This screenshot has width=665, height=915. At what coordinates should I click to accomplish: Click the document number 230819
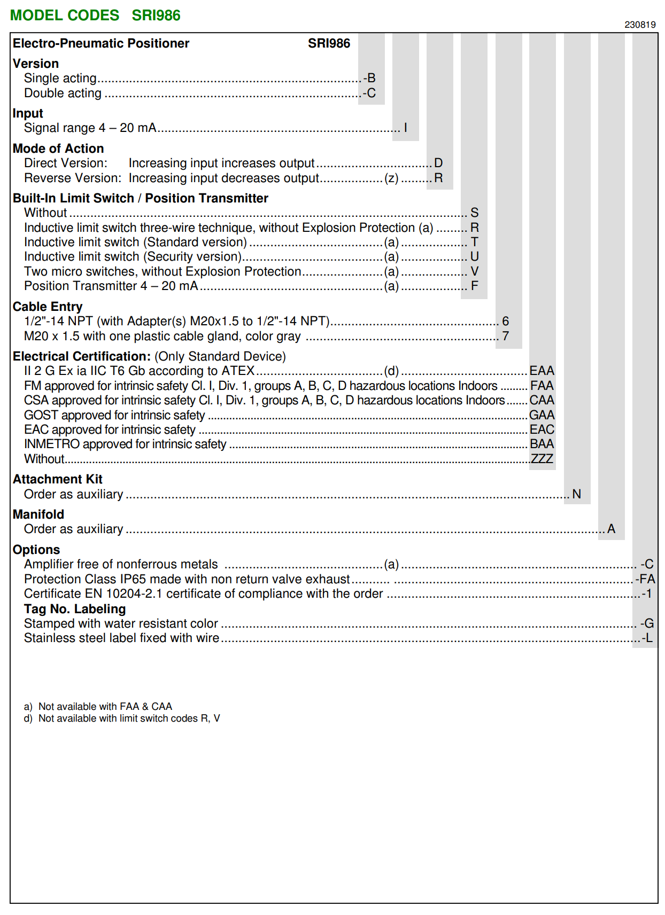click(x=639, y=25)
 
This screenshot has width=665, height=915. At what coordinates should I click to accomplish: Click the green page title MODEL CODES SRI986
click(x=95, y=15)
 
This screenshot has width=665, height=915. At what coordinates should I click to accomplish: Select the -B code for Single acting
click(x=370, y=78)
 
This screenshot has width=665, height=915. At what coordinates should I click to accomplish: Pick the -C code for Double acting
click(x=370, y=93)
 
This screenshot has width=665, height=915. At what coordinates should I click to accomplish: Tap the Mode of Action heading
click(x=58, y=148)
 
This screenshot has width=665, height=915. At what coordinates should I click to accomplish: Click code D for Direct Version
click(x=438, y=163)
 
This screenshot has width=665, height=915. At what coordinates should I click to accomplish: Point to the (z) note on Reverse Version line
click(x=391, y=178)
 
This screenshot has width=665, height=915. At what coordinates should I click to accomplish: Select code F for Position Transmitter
click(x=475, y=286)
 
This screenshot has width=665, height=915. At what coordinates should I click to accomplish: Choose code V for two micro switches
click(x=475, y=271)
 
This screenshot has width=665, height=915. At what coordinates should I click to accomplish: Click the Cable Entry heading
click(x=48, y=307)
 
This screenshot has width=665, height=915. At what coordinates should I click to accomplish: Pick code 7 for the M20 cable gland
click(x=505, y=336)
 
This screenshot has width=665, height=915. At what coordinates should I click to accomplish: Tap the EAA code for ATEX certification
click(x=542, y=371)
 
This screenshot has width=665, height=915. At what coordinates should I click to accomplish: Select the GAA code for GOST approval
click(x=542, y=415)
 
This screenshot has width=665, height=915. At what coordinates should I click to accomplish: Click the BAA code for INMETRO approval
click(x=542, y=444)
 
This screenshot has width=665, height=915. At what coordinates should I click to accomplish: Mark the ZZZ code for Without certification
click(x=542, y=458)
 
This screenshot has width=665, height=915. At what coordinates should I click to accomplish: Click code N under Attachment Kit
click(x=576, y=494)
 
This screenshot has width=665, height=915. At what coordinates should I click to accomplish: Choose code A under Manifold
click(x=611, y=529)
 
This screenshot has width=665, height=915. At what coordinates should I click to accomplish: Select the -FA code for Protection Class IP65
click(x=645, y=579)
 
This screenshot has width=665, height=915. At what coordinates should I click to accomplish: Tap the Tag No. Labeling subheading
click(x=75, y=609)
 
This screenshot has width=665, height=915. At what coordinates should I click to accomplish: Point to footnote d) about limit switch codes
click(x=122, y=718)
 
